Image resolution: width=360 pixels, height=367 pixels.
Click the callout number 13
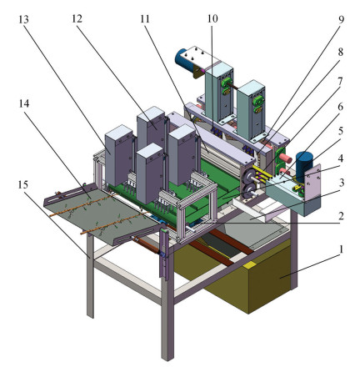(23, 19)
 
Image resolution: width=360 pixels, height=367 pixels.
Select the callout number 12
(77, 19)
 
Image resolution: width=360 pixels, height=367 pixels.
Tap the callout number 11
(145, 19)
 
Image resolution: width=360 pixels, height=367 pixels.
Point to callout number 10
(212, 19)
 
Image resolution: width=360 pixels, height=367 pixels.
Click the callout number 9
(341, 19)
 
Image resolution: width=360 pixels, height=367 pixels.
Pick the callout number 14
(24, 103)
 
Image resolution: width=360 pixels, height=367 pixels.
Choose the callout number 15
(23, 184)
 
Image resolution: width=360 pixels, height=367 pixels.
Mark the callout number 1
(341, 249)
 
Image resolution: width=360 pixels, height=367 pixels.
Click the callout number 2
(341, 216)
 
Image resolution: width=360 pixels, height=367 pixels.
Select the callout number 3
(341, 183)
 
